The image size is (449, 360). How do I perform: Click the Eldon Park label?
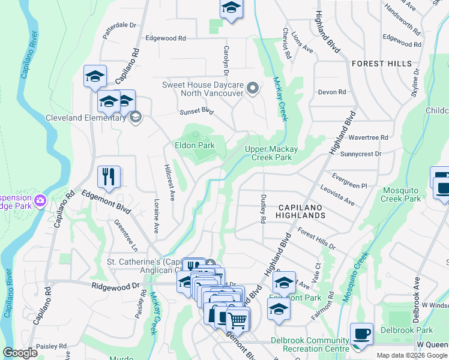click(194, 145)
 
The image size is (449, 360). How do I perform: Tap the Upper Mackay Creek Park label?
click(268, 153)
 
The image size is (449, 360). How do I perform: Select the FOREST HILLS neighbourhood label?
click(382, 63)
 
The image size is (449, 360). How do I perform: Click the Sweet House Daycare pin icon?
click(253, 89)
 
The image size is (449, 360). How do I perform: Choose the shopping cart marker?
click(238, 320)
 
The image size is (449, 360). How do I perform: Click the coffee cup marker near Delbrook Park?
click(361, 333)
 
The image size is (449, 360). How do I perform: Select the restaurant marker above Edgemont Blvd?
click(109, 176)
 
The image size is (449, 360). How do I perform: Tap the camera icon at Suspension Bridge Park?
click(40, 200)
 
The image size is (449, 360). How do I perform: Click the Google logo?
click(20, 353)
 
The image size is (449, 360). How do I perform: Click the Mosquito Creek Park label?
click(402, 194)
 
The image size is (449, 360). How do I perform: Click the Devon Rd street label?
click(332, 92)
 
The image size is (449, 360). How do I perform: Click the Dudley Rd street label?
click(262, 208)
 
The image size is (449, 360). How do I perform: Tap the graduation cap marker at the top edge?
click(231, 9)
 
